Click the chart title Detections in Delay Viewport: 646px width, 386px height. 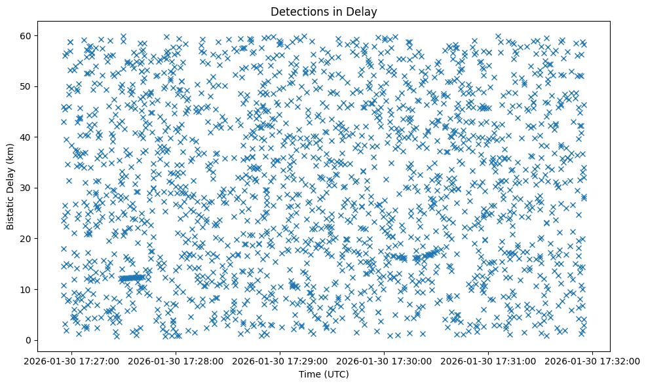(x=324, y=11)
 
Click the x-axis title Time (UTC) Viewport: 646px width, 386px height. (x=324, y=374)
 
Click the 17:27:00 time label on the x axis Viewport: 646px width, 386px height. (x=72, y=360)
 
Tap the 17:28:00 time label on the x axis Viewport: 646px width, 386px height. (x=177, y=360)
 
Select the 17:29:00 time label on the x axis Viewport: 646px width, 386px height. (x=281, y=360)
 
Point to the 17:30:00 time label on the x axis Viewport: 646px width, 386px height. (x=385, y=360)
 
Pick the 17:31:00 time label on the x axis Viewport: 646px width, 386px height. (x=489, y=360)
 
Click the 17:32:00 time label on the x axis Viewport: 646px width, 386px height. (x=594, y=360)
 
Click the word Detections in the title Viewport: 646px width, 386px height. (x=296, y=11)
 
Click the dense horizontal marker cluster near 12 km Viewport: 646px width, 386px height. (x=132, y=278)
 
